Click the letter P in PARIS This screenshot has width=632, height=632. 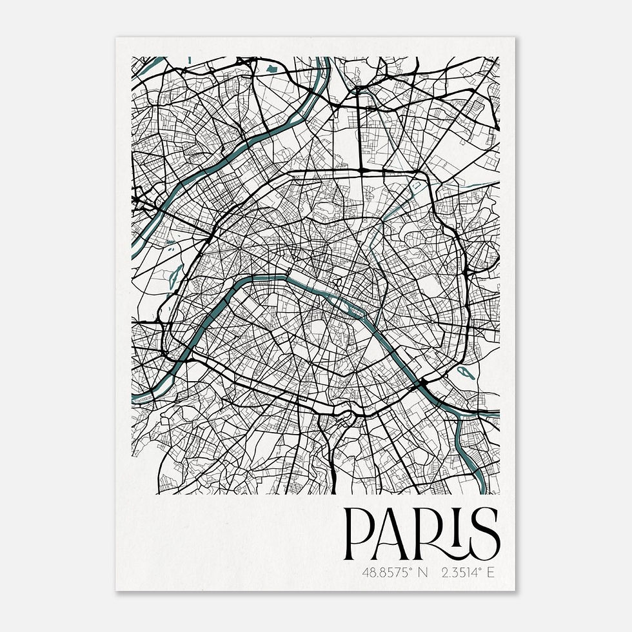357,535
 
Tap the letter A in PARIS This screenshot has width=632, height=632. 395,535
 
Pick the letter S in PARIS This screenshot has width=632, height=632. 485,535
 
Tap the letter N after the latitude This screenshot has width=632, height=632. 423,571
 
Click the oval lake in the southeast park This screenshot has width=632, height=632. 463,371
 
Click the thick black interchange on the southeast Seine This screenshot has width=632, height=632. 422,384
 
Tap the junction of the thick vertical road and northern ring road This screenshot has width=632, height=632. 362,171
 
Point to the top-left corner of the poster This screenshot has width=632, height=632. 116,37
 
